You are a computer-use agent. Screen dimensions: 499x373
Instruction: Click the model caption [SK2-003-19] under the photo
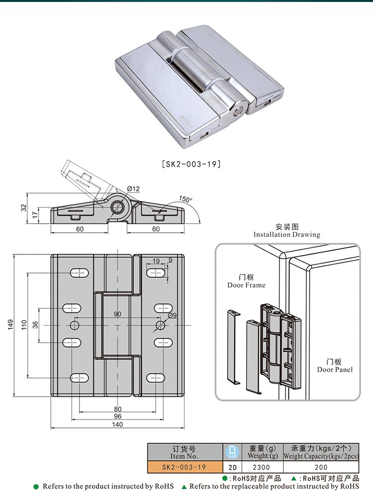[x=191, y=164]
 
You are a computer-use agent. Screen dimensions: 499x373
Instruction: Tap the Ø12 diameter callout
[x=133, y=189]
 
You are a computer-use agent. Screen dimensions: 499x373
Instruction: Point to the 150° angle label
[x=186, y=199]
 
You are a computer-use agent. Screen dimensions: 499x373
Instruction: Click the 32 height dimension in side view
[x=23, y=208]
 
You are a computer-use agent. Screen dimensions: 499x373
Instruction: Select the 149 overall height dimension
[x=10, y=325]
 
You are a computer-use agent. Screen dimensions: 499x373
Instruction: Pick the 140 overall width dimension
[x=117, y=424]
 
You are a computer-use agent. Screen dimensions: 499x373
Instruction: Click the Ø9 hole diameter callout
[x=173, y=315]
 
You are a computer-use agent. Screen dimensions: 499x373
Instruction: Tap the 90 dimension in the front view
[x=117, y=314]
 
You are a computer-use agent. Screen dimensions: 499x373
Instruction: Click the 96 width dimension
[x=117, y=416]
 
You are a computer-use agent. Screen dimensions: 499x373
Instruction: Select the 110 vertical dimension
[x=23, y=325]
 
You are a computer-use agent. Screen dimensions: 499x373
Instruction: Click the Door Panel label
[x=335, y=366]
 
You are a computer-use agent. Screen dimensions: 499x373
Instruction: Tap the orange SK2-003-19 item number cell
[x=185, y=467]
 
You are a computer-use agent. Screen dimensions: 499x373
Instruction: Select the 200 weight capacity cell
[x=321, y=467]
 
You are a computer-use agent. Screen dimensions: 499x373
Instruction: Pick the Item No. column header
[x=185, y=452]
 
